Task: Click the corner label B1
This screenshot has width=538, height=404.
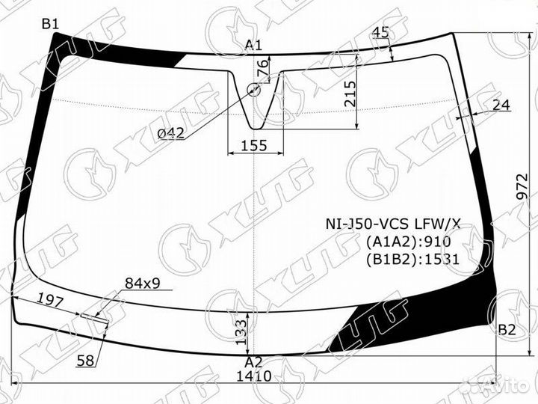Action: pos(51,24)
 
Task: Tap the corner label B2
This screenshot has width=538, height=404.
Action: pos(507,330)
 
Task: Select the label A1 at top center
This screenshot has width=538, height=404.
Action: pos(253,46)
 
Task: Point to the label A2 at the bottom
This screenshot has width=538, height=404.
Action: pos(253,362)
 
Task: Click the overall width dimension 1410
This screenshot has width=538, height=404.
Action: pos(254,376)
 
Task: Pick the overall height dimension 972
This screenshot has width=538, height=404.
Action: pos(522,186)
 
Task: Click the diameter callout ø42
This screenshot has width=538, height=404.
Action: pos(170,133)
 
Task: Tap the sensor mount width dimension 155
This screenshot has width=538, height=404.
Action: pos(254,146)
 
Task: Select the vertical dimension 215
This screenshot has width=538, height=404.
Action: pos(350,94)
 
